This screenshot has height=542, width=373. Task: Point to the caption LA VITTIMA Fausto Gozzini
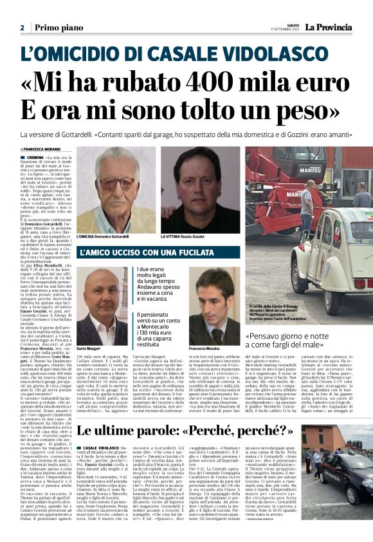[x=190, y=237]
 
